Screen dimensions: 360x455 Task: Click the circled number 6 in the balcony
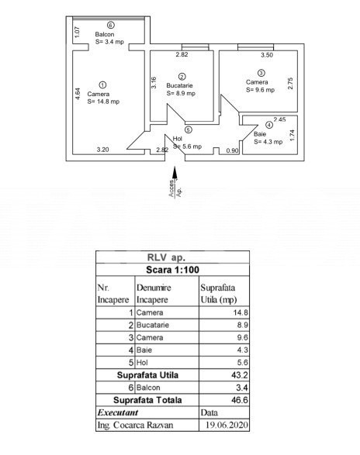coord(110,26)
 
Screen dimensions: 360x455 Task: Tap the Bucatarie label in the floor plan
coord(179,85)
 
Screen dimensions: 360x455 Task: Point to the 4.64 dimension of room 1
coord(78,94)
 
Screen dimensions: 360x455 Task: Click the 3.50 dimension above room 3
coord(267,55)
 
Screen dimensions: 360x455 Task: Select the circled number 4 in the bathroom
coord(269,125)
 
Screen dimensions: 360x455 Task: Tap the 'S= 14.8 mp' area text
coord(103,102)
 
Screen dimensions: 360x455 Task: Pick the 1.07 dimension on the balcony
coord(77,32)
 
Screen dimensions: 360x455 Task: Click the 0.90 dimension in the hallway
coord(232,150)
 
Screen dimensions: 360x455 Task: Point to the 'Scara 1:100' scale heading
coord(172,270)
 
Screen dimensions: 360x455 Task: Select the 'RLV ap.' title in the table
coord(166,257)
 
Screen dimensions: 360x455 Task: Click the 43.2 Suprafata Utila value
coord(240,375)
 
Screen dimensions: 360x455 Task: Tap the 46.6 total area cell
coord(240,400)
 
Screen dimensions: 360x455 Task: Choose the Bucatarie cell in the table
coord(153,325)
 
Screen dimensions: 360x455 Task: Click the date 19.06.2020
coord(227,425)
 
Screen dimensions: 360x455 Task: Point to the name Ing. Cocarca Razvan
coord(135,425)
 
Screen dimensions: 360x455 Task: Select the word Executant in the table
coord(118,412)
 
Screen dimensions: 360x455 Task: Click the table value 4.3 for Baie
coord(242,350)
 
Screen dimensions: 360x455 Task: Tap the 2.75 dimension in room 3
coord(290,83)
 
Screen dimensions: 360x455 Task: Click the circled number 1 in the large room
coord(102,84)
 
